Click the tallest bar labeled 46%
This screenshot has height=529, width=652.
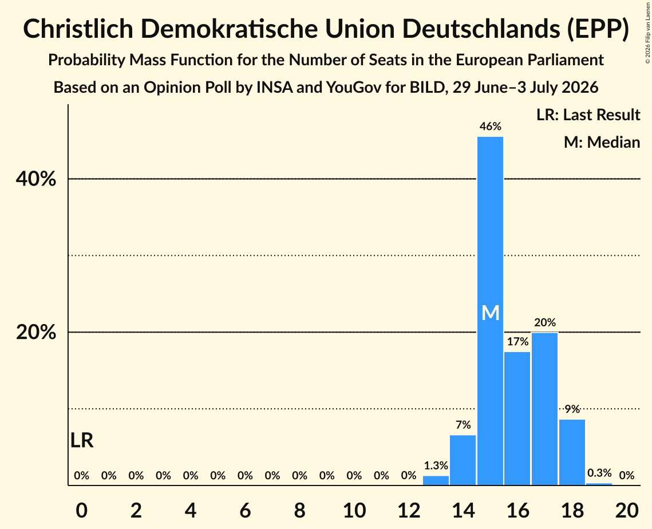point(490,311)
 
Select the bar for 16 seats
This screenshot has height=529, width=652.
point(517,419)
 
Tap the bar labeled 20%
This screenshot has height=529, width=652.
point(545,409)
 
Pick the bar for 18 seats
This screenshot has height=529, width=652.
point(572,452)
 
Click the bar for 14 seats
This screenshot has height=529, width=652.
point(463,460)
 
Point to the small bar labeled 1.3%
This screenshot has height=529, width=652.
point(436,480)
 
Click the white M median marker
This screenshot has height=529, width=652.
point(490,313)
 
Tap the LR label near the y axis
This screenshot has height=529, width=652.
point(82,440)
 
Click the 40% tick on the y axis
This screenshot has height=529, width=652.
point(35,179)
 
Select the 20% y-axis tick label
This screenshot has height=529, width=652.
point(35,332)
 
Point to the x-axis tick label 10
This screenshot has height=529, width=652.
point(354,510)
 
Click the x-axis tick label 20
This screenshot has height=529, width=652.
point(627,510)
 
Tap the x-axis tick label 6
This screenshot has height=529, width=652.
point(246,510)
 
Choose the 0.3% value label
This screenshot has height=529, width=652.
point(599,473)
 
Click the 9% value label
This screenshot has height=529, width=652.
point(572,409)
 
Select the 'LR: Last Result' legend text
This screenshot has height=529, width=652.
point(588,115)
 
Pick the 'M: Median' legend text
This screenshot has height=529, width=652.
point(602,143)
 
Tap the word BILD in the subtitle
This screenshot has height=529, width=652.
point(428,88)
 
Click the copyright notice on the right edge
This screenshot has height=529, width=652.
point(648,33)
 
